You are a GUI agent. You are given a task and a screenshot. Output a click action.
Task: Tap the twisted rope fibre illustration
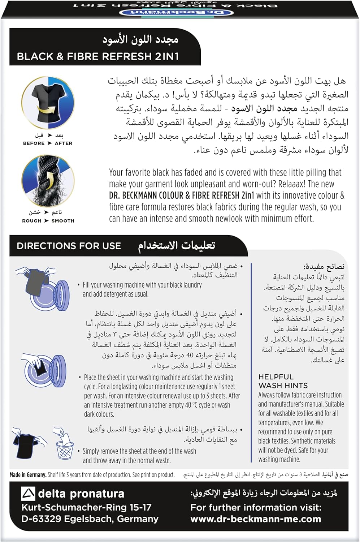(x=48, y=181)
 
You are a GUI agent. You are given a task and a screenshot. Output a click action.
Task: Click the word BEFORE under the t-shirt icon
(x=34, y=143)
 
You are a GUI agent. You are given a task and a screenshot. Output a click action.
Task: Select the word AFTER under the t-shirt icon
(x=64, y=143)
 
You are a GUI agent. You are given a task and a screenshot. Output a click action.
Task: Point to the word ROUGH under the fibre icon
(x=32, y=221)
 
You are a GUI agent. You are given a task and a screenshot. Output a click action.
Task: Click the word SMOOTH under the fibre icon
(x=63, y=221)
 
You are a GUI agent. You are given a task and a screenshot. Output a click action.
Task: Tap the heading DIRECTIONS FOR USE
(x=69, y=246)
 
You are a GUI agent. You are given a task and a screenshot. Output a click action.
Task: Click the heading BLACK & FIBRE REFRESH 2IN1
(x=98, y=56)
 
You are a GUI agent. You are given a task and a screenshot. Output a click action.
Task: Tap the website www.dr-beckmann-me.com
(x=256, y=519)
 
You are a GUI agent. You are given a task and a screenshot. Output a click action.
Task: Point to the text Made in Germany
(x=28, y=475)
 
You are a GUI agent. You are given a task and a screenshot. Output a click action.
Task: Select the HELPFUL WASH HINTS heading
(x=283, y=381)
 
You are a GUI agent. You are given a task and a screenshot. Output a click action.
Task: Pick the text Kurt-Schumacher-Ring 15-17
(x=86, y=507)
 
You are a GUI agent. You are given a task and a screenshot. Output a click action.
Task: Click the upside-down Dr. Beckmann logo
(x=176, y=13)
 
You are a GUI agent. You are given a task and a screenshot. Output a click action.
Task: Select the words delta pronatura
(x=81, y=494)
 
